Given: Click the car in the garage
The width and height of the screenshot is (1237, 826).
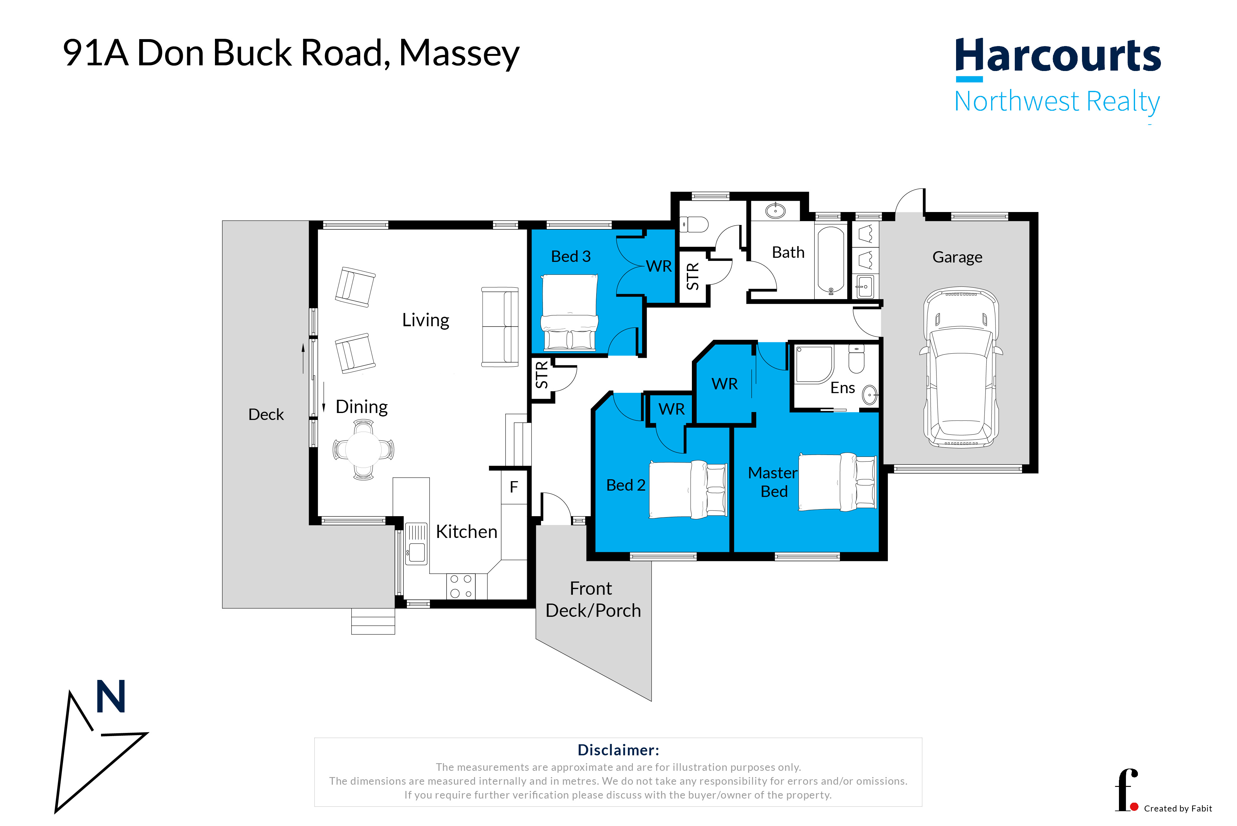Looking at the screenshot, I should coord(961,368).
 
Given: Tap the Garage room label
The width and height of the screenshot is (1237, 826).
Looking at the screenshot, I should coord(957,257).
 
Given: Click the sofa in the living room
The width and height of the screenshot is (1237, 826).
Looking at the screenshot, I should coord(500,327).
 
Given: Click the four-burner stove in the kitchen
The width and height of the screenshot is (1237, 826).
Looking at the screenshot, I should coord(461,586).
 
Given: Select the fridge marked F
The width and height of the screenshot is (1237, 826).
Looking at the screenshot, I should coord(514,487).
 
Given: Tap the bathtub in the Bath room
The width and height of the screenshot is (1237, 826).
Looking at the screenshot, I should coord(831,261).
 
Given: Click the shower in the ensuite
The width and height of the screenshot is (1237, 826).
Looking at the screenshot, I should coord(814,363).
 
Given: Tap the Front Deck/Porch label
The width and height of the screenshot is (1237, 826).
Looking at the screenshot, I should coord(593,599).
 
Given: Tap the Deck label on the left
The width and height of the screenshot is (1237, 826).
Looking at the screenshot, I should coord(266,415).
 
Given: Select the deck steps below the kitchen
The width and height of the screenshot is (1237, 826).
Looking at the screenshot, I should coord(373,622).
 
